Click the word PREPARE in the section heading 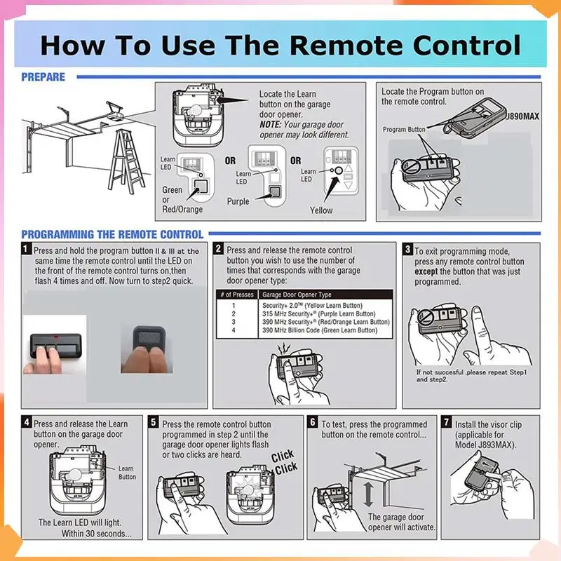coord(43,77)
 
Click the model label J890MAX coord(522,116)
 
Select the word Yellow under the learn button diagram coord(321,210)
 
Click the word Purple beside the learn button coord(238,201)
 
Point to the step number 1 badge coord(26,248)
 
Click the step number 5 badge coord(153,422)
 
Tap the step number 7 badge coord(446,422)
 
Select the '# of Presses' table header coord(237,295)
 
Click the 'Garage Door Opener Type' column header coord(297,295)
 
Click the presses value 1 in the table coord(234,306)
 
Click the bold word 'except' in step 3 coord(426,271)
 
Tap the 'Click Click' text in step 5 coord(284,462)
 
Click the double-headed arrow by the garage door coord(368,494)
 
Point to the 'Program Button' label coord(404,130)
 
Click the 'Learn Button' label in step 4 coord(127,473)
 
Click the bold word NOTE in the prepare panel coord(270,125)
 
